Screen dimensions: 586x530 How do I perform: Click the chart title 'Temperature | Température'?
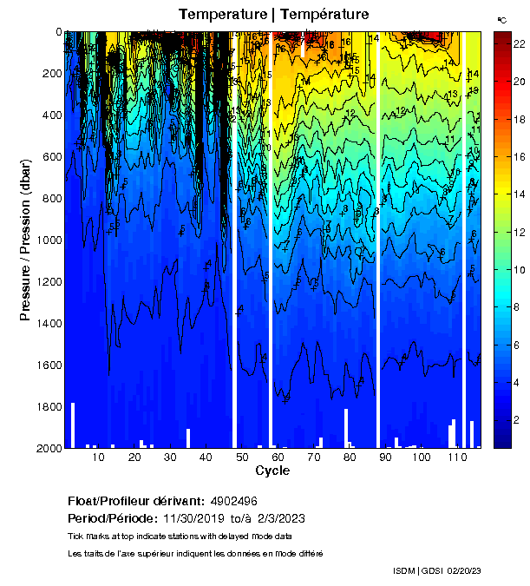click(x=274, y=14)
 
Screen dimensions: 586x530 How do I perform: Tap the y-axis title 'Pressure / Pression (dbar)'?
click(x=25, y=240)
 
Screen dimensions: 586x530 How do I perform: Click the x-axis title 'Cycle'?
click(x=272, y=471)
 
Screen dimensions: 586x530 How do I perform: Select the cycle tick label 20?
click(x=134, y=458)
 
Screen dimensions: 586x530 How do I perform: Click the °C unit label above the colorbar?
click(x=501, y=19)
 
